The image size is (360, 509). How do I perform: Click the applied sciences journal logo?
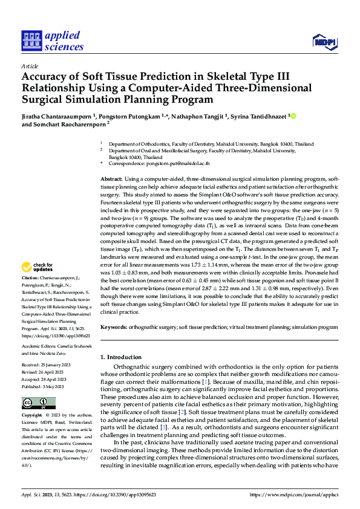pyautogui.click(x=52, y=40)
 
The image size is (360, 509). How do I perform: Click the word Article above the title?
pyautogui.click(x=30, y=66)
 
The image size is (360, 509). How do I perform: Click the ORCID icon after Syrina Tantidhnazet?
pyautogui.click(x=293, y=115)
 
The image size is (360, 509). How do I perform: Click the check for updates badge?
pyautogui.click(x=38, y=267)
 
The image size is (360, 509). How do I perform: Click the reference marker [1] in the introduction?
pyautogui.click(x=223, y=383)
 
